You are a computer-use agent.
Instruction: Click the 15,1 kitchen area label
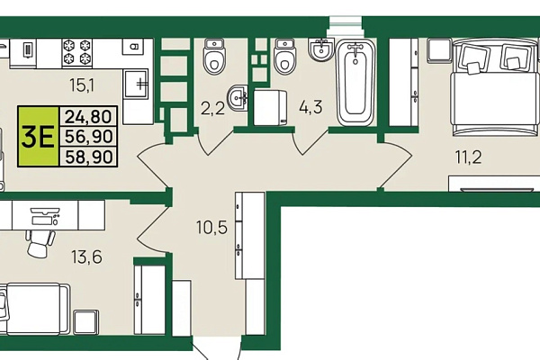coord(82,85)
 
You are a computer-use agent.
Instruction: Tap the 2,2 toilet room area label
coord(212,108)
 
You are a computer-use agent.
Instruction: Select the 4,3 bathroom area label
coord(310,106)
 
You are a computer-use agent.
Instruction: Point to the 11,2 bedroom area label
coord(468,157)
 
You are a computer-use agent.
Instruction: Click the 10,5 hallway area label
coord(212,228)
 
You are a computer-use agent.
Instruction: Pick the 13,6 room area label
coord(86,256)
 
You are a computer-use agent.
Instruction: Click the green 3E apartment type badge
coord(38,137)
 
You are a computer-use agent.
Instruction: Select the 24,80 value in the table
coord(88,116)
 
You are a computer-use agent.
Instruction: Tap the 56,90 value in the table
coord(88,137)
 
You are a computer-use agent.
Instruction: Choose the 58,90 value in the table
coord(88,157)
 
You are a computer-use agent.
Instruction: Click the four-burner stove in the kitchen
coord(77,53)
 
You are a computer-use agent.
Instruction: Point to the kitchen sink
coord(136,84)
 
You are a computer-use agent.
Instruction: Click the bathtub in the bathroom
coord(355,82)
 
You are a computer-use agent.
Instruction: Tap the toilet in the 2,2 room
coord(214,56)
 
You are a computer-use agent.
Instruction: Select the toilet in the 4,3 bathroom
coord(284,57)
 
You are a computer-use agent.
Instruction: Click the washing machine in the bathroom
coord(270,107)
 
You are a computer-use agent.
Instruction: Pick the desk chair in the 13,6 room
coord(40,243)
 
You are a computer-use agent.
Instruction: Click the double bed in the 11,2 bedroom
coord(495,87)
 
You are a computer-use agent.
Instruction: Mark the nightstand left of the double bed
coord(439,50)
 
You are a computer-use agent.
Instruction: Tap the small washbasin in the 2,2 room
coord(238,98)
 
